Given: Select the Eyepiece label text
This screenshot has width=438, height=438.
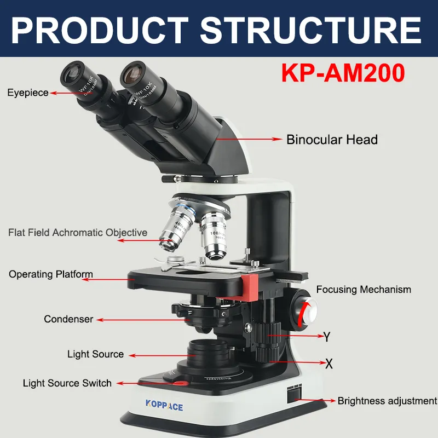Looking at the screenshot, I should (28, 93).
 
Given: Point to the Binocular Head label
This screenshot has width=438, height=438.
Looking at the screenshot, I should (332, 140).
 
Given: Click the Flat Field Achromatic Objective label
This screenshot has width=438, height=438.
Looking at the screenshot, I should (78, 233).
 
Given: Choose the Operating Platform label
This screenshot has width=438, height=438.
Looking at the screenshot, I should (51, 274).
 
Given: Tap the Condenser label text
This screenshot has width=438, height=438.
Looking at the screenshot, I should (68, 319).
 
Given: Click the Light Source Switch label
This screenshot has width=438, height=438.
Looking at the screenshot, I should (67, 383).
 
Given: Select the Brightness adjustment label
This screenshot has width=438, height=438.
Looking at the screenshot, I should (387, 401).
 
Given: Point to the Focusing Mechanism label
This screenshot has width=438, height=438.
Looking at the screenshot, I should (364, 290).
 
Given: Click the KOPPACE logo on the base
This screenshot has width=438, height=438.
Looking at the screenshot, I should (164, 406).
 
